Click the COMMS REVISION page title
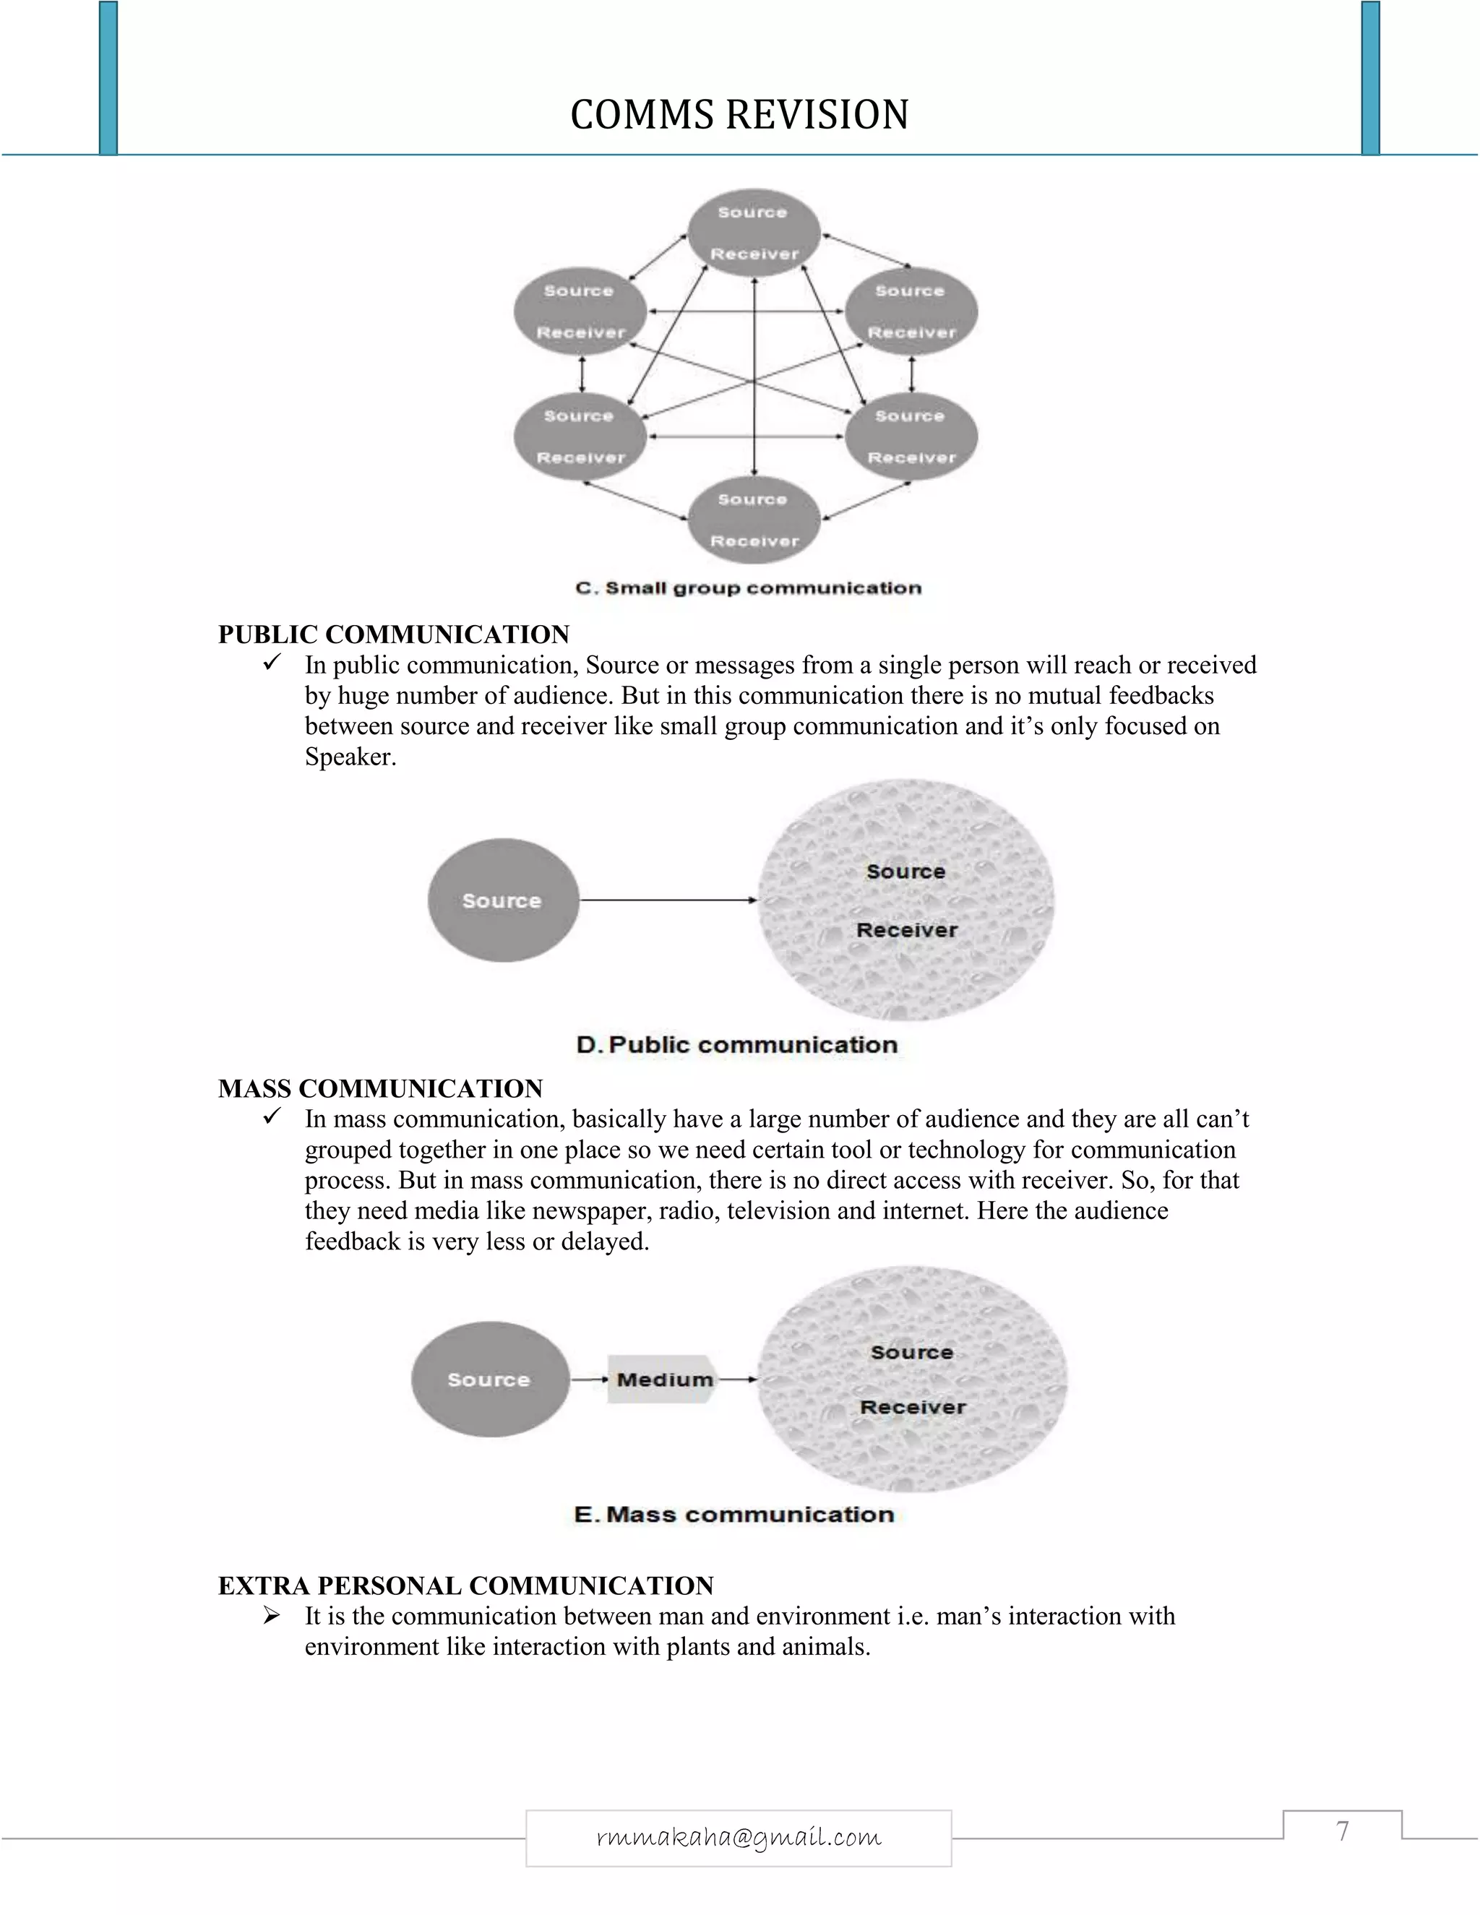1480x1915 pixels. pyautogui.click(x=739, y=115)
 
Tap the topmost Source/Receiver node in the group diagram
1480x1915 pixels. pyautogui.click(x=753, y=233)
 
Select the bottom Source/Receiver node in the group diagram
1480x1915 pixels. pyautogui.click(x=753, y=520)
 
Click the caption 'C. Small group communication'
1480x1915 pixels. pyautogui.click(x=748, y=588)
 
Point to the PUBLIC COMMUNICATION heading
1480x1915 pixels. pyautogui.click(x=394, y=634)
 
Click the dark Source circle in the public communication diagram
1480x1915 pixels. pyautogui.click(x=502, y=900)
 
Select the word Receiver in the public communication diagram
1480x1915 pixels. pyautogui.click(x=907, y=930)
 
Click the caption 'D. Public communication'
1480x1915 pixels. pyautogui.click(x=736, y=1045)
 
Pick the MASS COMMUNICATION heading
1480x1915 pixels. pyautogui.click(x=381, y=1088)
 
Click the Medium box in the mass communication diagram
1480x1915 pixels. pyautogui.click(x=663, y=1380)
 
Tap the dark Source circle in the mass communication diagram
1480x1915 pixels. pyautogui.click(x=489, y=1380)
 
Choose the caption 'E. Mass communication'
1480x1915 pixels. pyautogui.click(x=734, y=1514)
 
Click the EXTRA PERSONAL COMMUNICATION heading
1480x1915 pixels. pyautogui.click(x=465, y=1585)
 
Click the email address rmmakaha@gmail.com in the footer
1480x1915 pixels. pyautogui.click(x=739, y=1837)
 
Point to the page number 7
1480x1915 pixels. pyautogui.click(x=1343, y=1831)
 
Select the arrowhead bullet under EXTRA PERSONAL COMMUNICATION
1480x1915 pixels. pyautogui.click(x=271, y=1615)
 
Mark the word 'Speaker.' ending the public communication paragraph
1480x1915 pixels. pyautogui.click(x=350, y=757)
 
